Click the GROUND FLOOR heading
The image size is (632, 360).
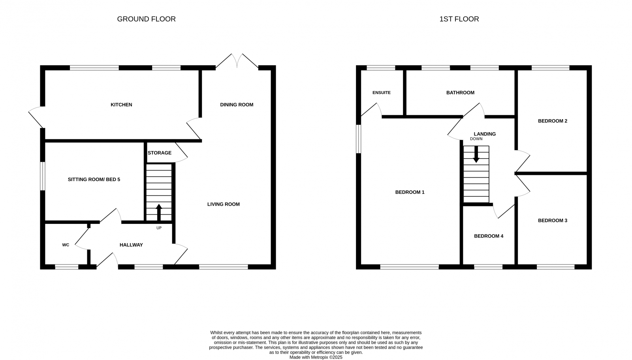coord(146,19)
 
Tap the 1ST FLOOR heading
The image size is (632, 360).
coord(459,19)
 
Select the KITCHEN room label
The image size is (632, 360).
coord(121,105)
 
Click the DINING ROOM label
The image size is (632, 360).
coord(237,105)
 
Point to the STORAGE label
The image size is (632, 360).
coord(160,153)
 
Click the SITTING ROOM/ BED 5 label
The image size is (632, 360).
coord(94,179)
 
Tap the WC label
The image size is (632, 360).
coord(66,245)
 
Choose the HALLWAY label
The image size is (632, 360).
coord(131,245)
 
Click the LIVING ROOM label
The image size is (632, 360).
coord(224,204)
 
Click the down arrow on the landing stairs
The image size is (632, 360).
coord(476,154)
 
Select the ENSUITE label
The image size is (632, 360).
coord(382,93)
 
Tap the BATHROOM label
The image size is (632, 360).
coord(460,93)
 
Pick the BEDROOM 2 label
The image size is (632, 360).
coord(552,121)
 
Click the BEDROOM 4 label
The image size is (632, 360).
coord(489,236)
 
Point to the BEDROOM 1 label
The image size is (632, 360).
coord(410,192)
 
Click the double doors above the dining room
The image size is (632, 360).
coord(237,61)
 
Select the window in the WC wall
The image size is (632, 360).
coord(66,267)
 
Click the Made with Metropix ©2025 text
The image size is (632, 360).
coord(316,357)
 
